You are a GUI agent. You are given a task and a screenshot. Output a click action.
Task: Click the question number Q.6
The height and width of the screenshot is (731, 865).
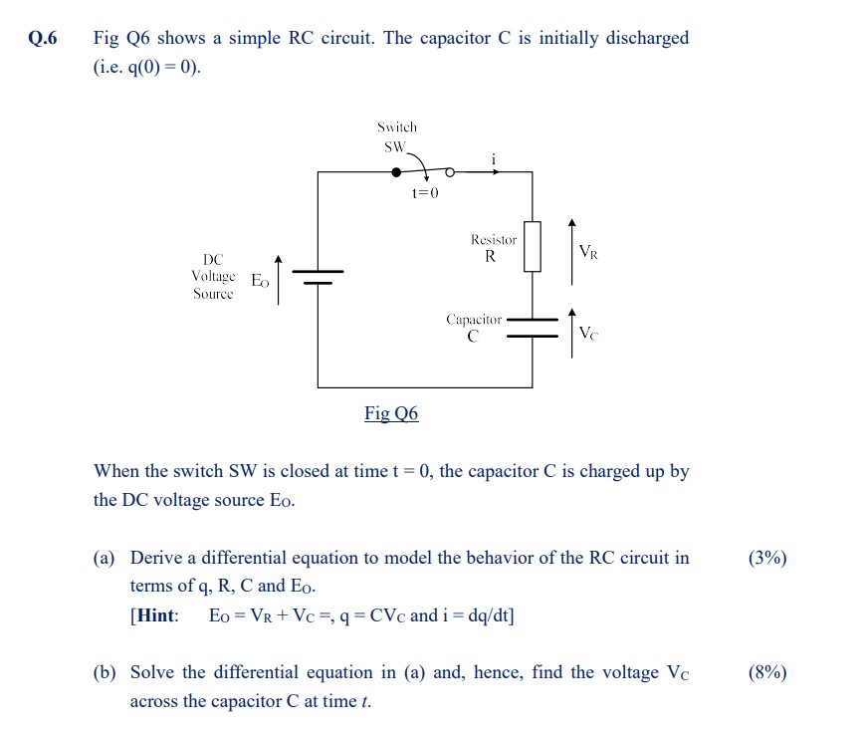pos(43,39)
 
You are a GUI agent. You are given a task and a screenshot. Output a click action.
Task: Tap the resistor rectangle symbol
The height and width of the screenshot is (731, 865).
pos(532,246)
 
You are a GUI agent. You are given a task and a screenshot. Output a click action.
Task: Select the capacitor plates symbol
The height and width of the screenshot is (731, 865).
pos(532,328)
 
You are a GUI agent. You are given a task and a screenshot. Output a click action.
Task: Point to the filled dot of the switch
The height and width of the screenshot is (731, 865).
pos(396,171)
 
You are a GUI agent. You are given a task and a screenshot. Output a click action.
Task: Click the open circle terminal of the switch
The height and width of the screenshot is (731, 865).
pos(449,171)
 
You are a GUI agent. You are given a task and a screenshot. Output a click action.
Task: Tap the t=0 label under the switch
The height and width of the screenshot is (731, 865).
pos(425,192)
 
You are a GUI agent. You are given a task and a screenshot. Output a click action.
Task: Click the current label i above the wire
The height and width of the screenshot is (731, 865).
pos(493,157)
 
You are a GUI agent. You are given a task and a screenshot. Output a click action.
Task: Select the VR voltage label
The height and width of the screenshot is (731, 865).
pos(589,252)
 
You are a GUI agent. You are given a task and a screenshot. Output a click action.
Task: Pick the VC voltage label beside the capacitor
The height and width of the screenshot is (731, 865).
pos(589,333)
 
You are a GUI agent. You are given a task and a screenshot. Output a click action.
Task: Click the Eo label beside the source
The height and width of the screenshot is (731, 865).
pos(260,281)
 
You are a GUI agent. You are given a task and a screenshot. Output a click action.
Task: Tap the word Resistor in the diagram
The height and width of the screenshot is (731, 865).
pos(494,240)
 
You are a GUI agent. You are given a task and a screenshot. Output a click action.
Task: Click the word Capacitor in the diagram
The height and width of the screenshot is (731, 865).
pos(474,320)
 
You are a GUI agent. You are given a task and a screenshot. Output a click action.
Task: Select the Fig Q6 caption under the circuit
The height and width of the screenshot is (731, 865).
pos(391,413)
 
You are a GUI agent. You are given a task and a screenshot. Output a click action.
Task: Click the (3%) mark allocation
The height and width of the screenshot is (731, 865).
pos(766,558)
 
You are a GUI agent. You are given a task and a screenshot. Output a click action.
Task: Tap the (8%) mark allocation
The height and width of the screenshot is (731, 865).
pos(766,672)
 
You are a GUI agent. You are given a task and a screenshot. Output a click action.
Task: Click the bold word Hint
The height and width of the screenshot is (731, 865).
pos(156,615)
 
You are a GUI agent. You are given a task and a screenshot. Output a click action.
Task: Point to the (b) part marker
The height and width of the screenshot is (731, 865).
pos(105,672)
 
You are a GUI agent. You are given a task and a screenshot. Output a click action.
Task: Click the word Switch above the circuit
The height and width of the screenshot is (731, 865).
pos(397,127)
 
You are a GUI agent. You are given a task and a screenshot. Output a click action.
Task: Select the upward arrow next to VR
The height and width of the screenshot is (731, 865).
pos(570,245)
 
